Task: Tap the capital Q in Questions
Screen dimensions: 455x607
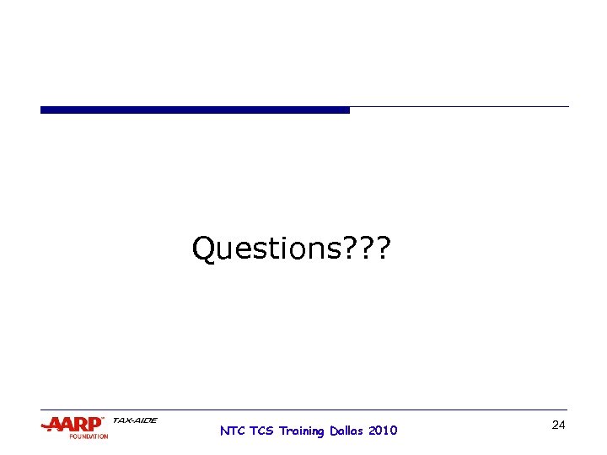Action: click(x=205, y=249)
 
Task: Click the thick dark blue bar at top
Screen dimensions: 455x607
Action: click(x=195, y=110)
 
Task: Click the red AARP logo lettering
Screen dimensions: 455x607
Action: click(x=76, y=424)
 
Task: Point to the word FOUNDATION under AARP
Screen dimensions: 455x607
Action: click(x=89, y=436)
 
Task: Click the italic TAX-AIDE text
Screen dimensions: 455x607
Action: click(x=134, y=420)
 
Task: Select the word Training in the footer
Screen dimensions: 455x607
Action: click(x=301, y=431)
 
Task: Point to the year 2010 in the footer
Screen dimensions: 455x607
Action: click(x=383, y=431)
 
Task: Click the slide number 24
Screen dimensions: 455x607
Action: click(x=558, y=425)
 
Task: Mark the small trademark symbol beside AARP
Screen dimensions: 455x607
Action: click(x=103, y=419)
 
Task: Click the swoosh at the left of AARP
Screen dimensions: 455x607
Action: click(x=46, y=426)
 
